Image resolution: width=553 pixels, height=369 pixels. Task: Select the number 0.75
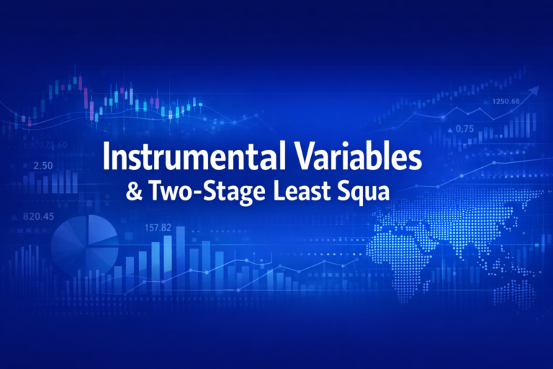point(465,128)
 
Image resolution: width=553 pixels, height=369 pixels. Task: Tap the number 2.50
point(44,166)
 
